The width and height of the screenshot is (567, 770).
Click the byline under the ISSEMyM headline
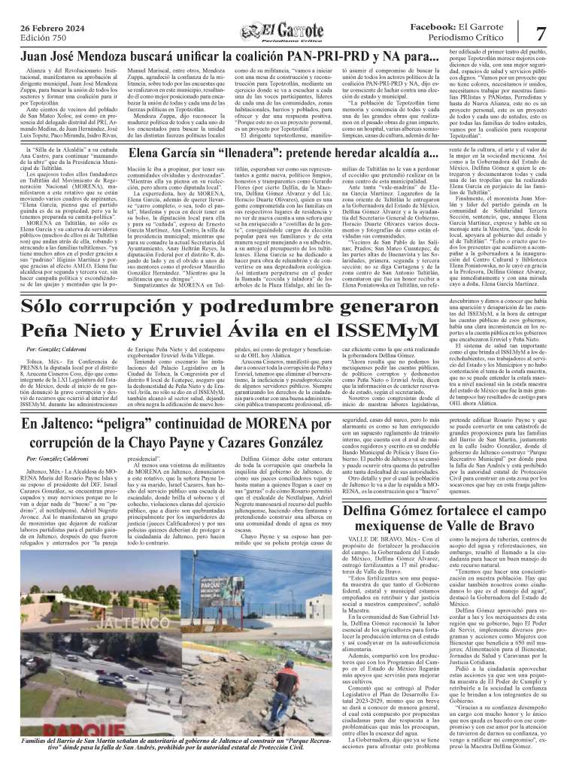(x=56, y=350)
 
